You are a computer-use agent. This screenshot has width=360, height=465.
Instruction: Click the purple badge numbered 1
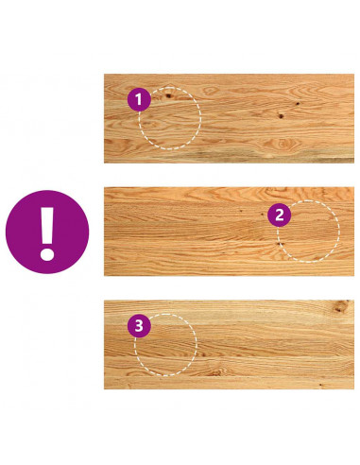pos(139,99)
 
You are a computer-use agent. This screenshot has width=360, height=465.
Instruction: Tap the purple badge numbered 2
pos(279,215)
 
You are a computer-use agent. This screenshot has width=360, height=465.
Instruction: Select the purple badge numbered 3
pos(139,326)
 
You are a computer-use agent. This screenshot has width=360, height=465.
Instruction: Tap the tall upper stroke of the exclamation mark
pos(47,224)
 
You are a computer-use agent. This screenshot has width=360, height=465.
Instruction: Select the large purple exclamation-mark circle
pos(47,232)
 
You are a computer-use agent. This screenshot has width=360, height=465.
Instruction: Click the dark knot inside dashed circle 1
pos(168,95)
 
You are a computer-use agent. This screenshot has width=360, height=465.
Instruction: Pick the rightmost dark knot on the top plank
pos(298,103)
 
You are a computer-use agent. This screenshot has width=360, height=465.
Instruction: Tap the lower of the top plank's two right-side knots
pos(281,116)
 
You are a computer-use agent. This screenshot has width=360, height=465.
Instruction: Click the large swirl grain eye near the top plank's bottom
pos(282,145)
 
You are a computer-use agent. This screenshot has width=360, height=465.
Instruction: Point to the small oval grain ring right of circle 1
pos(209,91)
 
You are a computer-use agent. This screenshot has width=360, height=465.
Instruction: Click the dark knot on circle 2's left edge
pos(279,244)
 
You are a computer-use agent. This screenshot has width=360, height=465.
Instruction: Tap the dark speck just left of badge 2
pos(263,215)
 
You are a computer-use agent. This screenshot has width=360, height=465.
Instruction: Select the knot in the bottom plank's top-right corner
pos(341,306)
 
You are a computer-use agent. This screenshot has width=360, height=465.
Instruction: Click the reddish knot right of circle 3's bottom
pos(216,373)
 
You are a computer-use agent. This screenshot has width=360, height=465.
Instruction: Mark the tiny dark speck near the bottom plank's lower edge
pos(320,385)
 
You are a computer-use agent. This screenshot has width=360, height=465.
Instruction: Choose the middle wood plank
pos(229,232)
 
